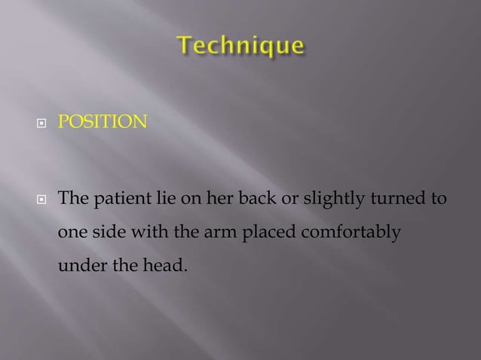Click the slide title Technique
pos(240,47)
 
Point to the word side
pos(111,233)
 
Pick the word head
pos(161,265)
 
